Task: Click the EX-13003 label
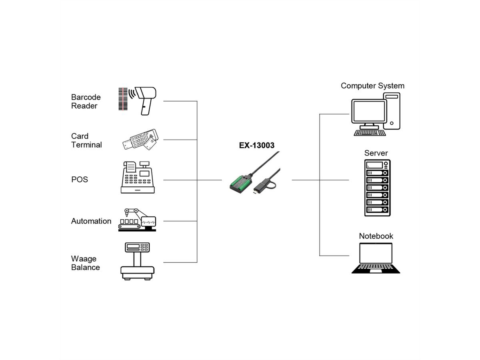pyautogui.click(x=256, y=145)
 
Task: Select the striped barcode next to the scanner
pyautogui.click(x=124, y=99)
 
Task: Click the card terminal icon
pyautogui.click(x=140, y=140)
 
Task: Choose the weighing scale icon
pyautogui.click(x=137, y=261)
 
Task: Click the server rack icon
pyautogui.click(x=377, y=188)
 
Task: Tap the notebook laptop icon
pyautogui.click(x=376, y=258)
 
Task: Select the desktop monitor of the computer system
pyautogui.click(x=369, y=112)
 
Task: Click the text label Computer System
pyautogui.click(x=372, y=86)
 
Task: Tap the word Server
pyautogui.click(x=376, y=153)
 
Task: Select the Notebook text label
pyautogui.click(x=376, y=236)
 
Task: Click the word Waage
pyautogui.click(x=84, y=259)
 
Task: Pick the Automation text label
pyautogui.click(x=91, y=221)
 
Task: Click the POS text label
pyautogui.click(x=80, y=180)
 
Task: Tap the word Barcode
pyautogui.click(x=86, y=97)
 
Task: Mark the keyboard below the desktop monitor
pyautogui.click(x=370, y=132)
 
